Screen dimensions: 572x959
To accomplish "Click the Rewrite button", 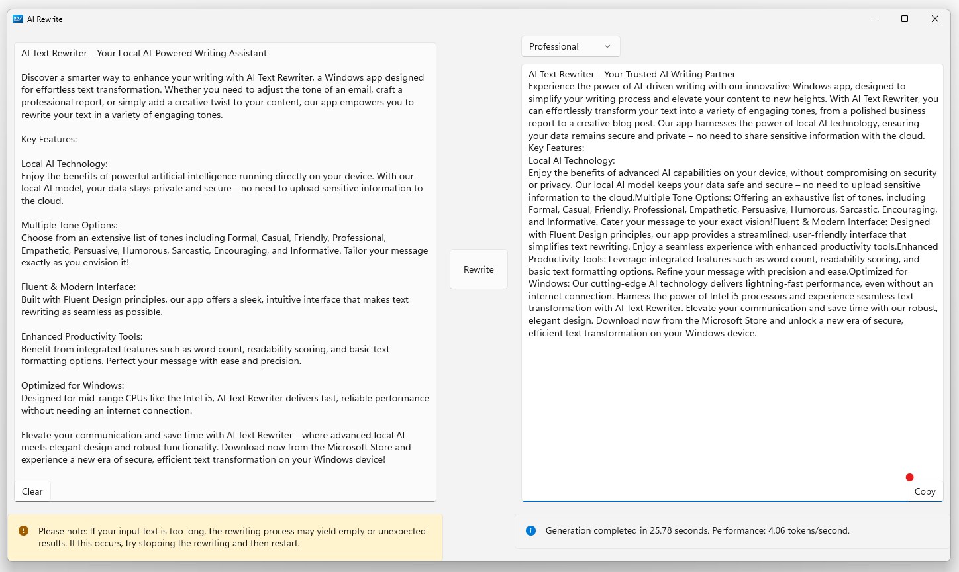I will pos(478,269).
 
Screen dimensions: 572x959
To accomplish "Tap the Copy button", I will pos(925,491).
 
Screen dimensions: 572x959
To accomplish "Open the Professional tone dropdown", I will pos(570,46).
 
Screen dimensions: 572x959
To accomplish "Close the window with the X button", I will pos(935,19).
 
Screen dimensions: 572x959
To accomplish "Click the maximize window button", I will pos(905,19).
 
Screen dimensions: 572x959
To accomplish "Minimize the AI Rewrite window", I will pos(874,19).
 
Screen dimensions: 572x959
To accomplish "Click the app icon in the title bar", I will pos(18,19).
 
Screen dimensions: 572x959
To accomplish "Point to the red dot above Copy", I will pos(909,477).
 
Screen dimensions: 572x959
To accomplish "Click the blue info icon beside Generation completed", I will pos(530,530).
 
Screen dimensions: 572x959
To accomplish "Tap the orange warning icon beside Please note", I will pos(24,530).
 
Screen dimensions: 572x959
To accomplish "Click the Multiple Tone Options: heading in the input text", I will pos(69,225).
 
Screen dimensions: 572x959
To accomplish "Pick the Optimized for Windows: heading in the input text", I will pos(72,385).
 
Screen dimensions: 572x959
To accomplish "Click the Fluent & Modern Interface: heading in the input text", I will pos(78,287).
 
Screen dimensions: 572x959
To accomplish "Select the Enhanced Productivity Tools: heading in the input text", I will pos(81,336).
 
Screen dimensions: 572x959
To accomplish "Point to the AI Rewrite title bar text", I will pos(45,19).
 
